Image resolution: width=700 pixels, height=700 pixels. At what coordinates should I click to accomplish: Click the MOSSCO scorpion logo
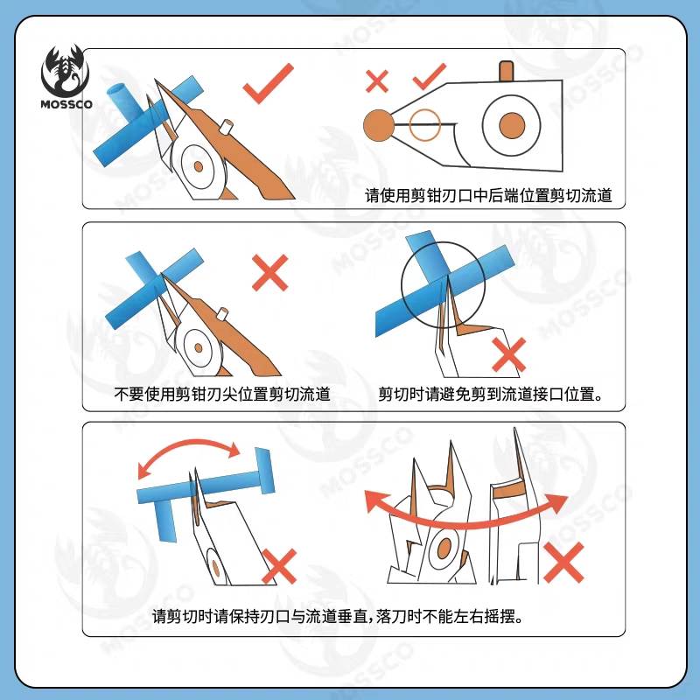point(66,77)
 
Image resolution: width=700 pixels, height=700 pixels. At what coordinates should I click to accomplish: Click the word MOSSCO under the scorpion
point(66,104)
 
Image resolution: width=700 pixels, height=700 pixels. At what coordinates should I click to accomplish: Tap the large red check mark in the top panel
point(268,83)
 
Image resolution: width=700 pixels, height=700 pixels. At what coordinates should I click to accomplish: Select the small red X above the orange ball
point(377,81)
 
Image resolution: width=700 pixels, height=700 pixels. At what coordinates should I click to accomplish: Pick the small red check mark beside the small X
point(430,76)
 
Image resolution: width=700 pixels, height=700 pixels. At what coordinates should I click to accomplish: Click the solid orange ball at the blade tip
point(379,125)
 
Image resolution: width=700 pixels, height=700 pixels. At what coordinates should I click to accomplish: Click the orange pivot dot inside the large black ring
point(512,125)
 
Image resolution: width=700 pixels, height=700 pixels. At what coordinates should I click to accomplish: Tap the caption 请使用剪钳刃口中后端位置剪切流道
point(488,195)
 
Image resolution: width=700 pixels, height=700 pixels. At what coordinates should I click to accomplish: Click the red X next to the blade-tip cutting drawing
point(270,273)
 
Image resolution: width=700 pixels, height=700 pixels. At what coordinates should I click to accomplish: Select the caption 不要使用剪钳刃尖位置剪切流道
point(222,394)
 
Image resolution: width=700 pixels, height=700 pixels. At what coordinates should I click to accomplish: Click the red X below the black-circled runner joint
point(509,355)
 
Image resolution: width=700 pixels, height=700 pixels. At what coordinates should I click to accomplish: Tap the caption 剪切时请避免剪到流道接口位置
point(490,394)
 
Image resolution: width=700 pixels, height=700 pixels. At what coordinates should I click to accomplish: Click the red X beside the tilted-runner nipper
point(279,566)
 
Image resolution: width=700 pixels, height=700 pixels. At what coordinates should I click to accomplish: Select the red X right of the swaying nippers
point(563,563)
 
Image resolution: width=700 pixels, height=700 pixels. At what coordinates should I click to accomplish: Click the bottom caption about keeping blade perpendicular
point(338,617)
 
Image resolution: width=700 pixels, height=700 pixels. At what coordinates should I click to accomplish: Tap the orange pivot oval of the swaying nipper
point(444,549)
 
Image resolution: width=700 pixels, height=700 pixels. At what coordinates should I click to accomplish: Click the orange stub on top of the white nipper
point(506,71)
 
